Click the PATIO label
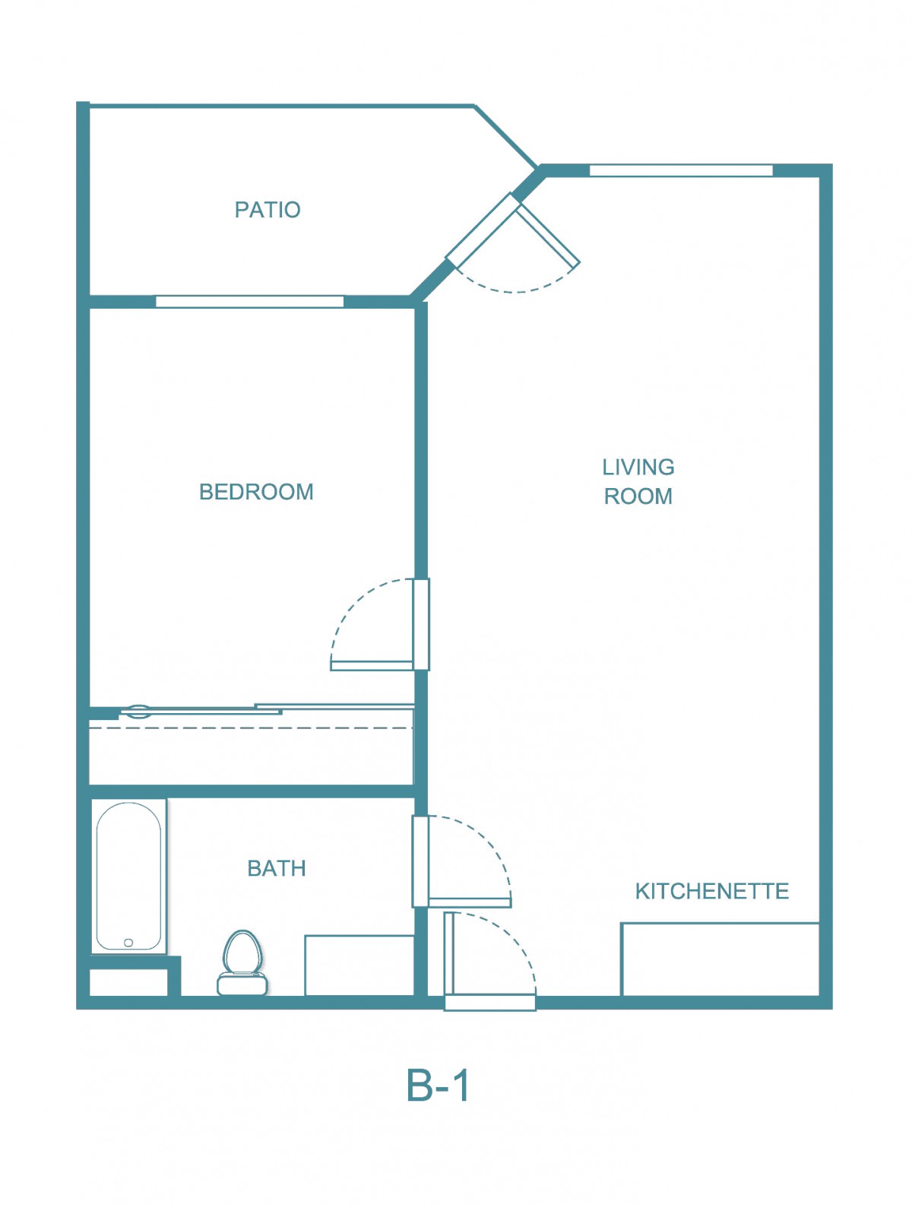268,209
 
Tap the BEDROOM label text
256,491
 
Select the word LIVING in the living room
638,467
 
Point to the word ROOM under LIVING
638,496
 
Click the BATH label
277,868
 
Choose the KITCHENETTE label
711,890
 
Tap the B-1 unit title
437,1085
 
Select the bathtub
128,876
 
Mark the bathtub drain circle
128,943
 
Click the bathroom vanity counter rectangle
359,965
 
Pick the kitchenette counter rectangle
720,959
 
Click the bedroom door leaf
372,665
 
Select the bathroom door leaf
470,902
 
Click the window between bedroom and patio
250,301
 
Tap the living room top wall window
681,170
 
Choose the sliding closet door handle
138,712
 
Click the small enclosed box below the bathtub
128,982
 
